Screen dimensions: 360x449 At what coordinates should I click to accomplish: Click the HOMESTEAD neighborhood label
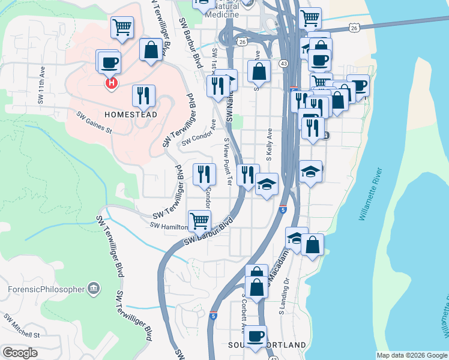131,114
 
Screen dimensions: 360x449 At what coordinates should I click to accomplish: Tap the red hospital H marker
111,83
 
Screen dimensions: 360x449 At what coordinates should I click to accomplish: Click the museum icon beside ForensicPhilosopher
93,289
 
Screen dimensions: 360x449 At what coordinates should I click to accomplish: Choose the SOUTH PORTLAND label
267,345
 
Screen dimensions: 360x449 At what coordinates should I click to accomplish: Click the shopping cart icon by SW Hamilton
199,220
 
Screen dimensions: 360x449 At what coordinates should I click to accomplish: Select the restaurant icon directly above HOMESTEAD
143,95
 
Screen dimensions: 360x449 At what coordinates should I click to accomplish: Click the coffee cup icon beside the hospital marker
110,62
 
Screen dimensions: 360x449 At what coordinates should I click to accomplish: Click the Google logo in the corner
20,353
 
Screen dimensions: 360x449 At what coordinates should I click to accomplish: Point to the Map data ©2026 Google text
412,355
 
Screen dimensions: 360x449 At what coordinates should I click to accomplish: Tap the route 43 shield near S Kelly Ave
282,63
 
